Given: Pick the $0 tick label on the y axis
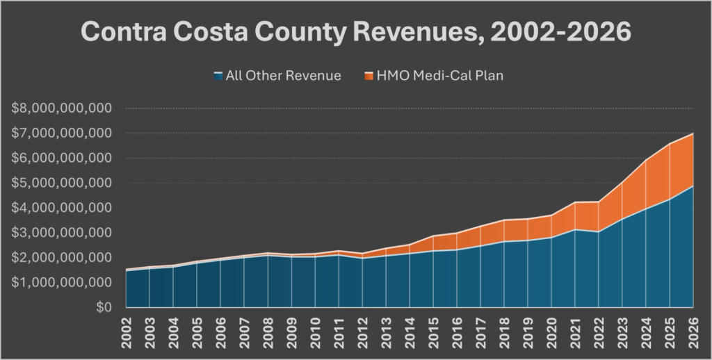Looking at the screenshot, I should pos(104,307).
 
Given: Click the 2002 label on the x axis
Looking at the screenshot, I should pos(127,332).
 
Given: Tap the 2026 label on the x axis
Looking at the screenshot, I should pos(694,332).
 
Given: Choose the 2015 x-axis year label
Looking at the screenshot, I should pos(434,332).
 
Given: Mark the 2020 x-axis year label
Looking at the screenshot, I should pos(552,332).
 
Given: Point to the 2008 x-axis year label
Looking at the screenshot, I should pos(268,332).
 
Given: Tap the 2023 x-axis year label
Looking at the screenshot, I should pos(623,332).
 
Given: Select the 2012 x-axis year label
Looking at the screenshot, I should pos(363,332).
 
